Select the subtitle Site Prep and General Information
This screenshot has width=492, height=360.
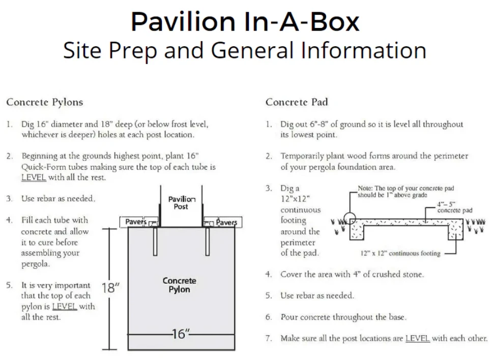click(x=245, y=50)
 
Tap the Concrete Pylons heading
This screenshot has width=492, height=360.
click(x=44, y=102)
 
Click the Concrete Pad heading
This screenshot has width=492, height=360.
click(x=296, y=102)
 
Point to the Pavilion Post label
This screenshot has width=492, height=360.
click(x=181, y=203)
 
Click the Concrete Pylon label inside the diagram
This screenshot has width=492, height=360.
click(x=179, y=285)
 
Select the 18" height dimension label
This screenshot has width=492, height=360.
click(x=110, y=288)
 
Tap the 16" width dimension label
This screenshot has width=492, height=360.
click(x=180, y=334)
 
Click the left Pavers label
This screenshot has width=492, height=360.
click(x=136, y=222)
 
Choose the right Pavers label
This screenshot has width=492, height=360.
click(x=226, y=222)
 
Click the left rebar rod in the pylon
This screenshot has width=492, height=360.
click(x=154, y=241)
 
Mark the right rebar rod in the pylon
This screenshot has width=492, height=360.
click(x=208, y=241)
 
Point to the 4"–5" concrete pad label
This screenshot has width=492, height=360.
click(x=454, y=207)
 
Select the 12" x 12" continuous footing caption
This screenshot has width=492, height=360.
click(x=400, y=253)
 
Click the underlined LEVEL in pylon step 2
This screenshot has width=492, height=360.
click(x=34, y=177)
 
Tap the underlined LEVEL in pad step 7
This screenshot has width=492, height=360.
click(x=418, y=338)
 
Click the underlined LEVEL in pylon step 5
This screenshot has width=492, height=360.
click(x=65, y=306)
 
